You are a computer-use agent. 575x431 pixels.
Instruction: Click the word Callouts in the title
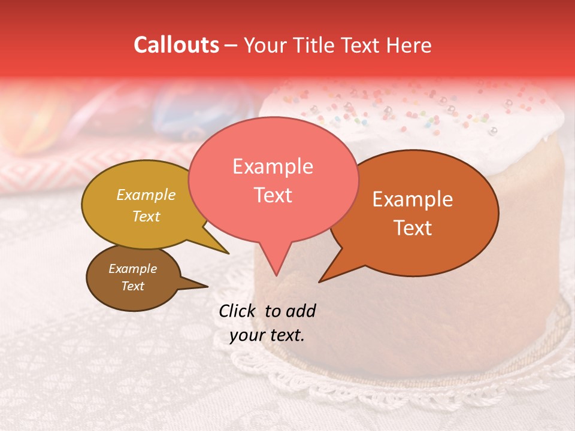176,45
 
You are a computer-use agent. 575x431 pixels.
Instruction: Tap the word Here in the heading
407,45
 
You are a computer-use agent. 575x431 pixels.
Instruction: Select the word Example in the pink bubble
273,166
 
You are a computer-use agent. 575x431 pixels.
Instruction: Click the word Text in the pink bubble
273,195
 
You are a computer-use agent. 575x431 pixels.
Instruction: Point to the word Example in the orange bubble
413,199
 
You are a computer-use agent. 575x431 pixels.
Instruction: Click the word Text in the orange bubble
413,228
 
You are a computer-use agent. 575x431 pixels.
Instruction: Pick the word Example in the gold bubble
146,195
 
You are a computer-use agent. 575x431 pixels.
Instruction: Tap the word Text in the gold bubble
146,216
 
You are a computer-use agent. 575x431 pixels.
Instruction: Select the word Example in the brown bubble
132,269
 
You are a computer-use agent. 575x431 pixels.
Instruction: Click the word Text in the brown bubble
132,286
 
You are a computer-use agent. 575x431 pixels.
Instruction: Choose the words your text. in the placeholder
267,335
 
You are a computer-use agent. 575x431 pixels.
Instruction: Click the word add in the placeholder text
300,311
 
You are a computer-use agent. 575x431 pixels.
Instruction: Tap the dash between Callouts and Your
231,45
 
